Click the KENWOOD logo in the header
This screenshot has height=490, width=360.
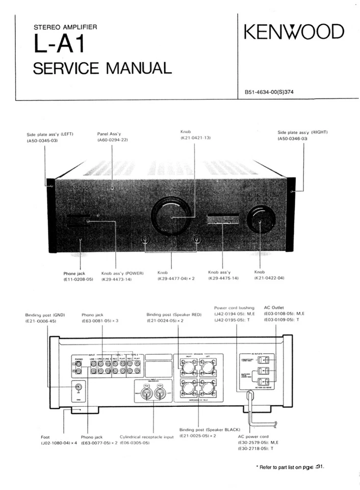pos(294,32)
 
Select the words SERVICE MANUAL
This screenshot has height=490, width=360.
pos(102,67)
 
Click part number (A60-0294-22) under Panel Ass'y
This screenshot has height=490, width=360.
pos(112,140)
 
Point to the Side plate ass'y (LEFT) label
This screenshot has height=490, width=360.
pos(50,134)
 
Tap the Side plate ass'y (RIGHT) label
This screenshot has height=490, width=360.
pos(302,132)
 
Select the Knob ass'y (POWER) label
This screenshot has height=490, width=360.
pos(122,273)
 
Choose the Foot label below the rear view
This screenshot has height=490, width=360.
pos(45,437)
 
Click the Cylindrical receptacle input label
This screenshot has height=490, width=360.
pos(147,437)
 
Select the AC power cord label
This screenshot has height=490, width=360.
pos(253,437)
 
